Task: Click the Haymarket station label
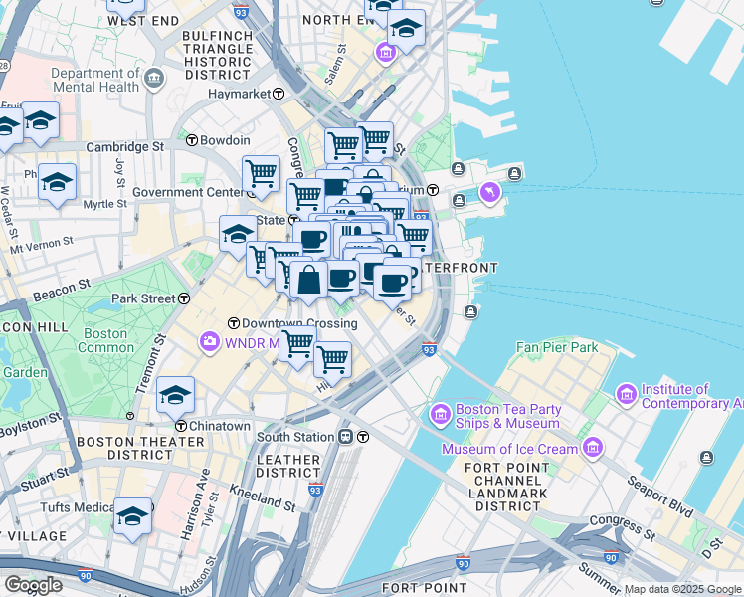pyautogui.click(x=239, y=94)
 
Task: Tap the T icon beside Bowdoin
pyautogui.click(x=192, y=141)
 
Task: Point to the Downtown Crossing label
pyautogui.click(x=285, y=323)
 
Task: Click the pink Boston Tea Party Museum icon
pyautogui.click(x=439, y=412)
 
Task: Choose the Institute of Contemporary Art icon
pyautogui.click(x=626, y=395)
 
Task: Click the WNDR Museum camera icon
pyautogui.click(x=210, y=342)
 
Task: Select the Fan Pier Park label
pyautogui.click(x=557, y=348)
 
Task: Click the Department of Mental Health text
pyautogui.click(x=95, y=80)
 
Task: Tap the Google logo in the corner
pyautogui.click(x=33, y=585)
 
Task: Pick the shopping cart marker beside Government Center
pyautogui.click(x=261, y=174)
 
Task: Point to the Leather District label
pyautogui.click(x=286, y=465)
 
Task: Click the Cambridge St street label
pyautogui.click(x=124, y=146)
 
